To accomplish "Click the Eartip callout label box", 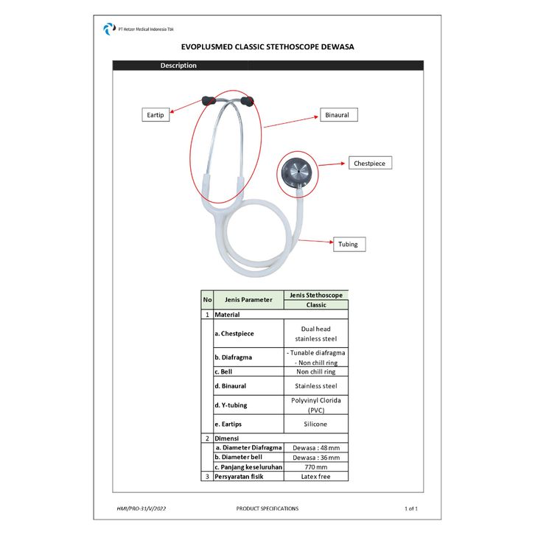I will coord(155,115).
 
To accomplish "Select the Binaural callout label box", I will coord(340,115).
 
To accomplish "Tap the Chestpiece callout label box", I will coord(370,163).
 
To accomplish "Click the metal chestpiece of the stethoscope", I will coord(295,172).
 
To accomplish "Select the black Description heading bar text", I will coord(179,66).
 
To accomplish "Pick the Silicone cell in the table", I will coord(315,424).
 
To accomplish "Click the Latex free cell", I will coord(315,476).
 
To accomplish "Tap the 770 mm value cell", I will coord(315,466).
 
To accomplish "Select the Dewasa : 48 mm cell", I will coord(315,447).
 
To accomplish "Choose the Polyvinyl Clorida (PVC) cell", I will coord(315,405).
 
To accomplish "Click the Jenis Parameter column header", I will coord(248,300).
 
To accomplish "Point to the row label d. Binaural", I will coord(230,385).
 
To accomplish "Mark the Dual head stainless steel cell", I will coord(315,334).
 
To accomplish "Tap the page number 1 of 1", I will coord(411,508).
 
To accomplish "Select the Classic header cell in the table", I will coord(315,304).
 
